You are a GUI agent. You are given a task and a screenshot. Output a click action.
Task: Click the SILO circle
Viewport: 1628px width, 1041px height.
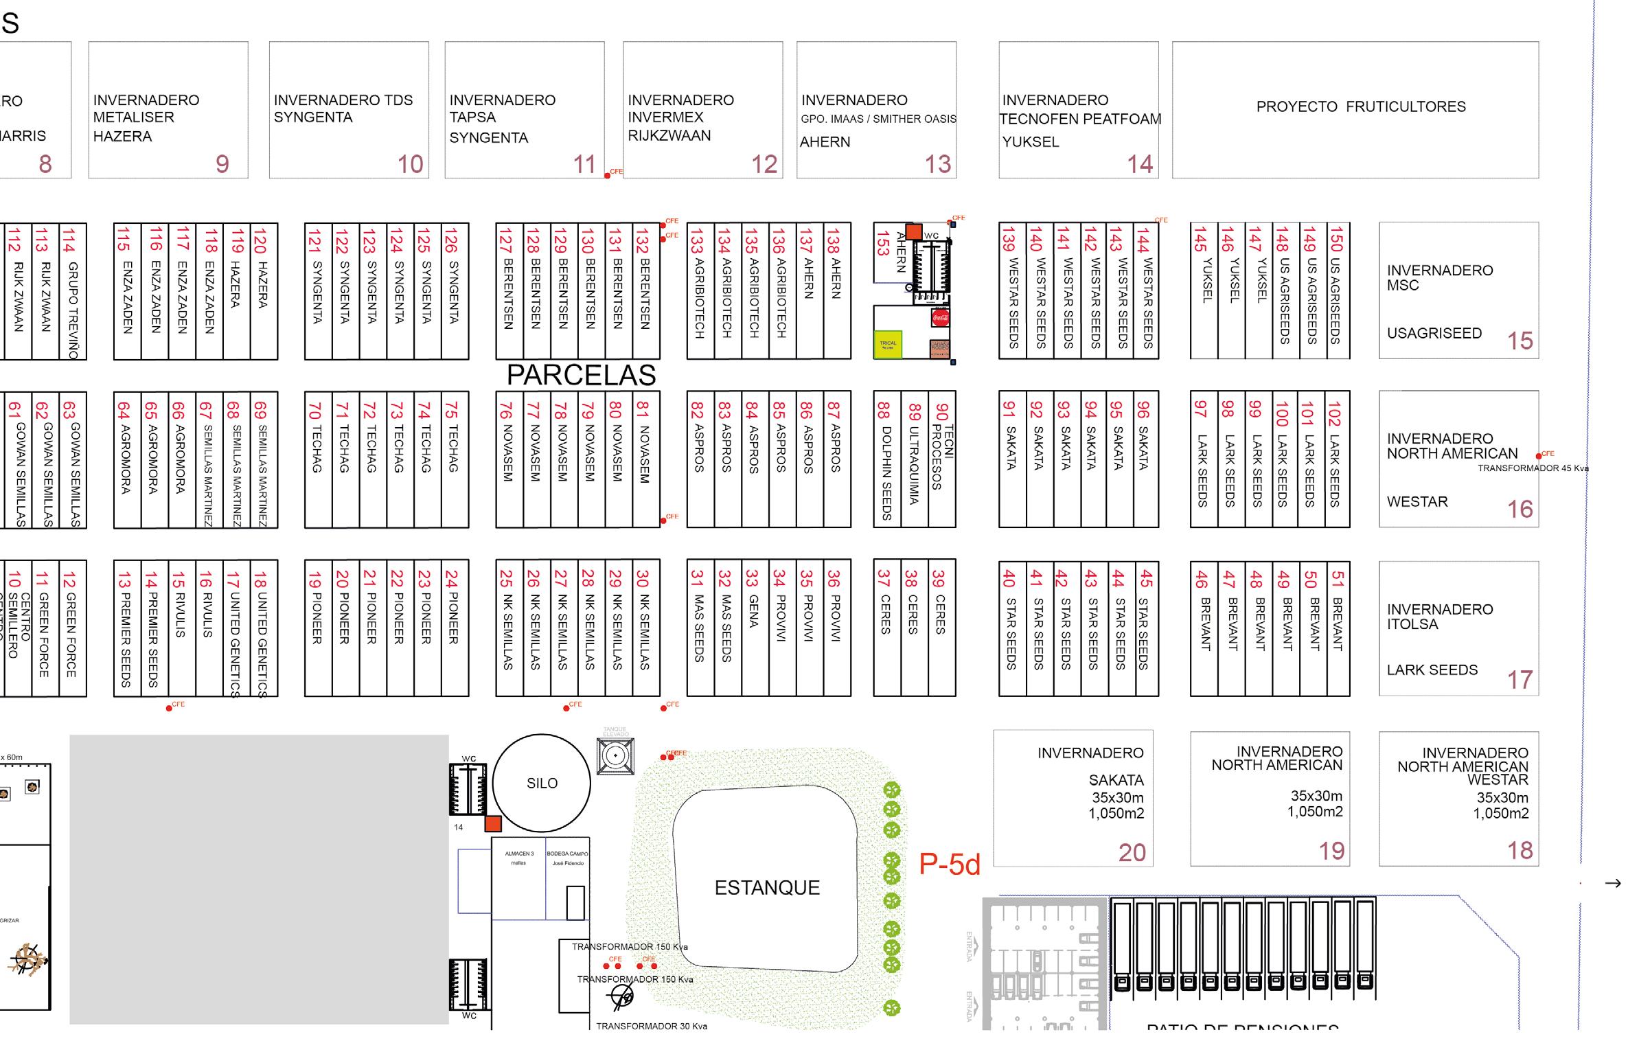point(541,783)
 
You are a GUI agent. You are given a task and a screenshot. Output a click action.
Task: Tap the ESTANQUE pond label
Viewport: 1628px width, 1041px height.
point(767,887)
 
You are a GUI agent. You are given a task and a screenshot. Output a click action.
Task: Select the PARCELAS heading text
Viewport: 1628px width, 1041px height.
point(581,375)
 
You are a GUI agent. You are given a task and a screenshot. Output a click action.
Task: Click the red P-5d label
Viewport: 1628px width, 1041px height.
point(950,865)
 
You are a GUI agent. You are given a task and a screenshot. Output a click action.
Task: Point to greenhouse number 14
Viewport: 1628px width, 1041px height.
point(1140,164)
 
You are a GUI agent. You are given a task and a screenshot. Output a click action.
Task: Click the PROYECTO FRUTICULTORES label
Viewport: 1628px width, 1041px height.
point(1360,106)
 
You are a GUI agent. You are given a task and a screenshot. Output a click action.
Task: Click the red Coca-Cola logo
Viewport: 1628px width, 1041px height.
point(940,318)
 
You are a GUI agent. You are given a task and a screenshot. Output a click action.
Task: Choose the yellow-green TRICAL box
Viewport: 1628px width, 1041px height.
point(888,344)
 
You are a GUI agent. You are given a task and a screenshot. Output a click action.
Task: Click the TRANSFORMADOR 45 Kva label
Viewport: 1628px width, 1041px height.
point(1533,468)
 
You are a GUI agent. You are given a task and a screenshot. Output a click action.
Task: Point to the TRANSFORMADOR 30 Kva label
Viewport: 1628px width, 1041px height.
point(651,1026)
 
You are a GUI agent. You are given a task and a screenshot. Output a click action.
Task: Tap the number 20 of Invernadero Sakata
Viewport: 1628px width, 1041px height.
point(1132,852)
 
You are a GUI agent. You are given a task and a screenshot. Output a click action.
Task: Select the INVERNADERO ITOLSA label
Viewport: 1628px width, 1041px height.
point(1439,616)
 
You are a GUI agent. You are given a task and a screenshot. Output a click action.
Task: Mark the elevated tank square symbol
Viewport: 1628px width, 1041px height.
point(615,756)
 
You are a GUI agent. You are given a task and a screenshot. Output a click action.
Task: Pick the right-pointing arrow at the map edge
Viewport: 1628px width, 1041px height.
point(1612,883)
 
